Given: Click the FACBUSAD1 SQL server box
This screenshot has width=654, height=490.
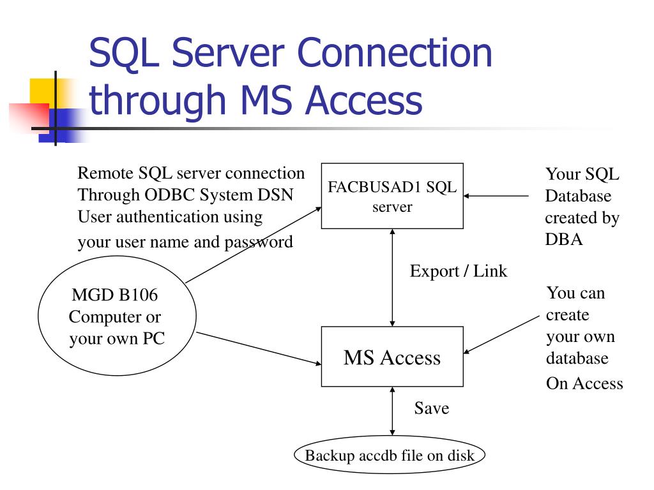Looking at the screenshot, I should click(392, 196).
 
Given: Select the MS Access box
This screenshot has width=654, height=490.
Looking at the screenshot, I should click(392, 357).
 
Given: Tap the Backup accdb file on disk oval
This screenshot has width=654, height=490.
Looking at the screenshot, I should click(390, 456).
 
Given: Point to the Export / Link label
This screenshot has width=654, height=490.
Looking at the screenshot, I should click(458, 271).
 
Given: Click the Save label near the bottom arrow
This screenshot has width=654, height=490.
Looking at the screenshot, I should click(431, 408).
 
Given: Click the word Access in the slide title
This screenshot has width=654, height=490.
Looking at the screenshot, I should click(363, 101).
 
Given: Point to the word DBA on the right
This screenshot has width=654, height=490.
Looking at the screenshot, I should click(563, 240).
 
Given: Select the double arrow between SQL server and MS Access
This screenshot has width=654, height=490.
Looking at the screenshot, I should click(392, 278).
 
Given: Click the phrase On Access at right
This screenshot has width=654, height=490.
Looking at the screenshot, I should click(584, 383).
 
